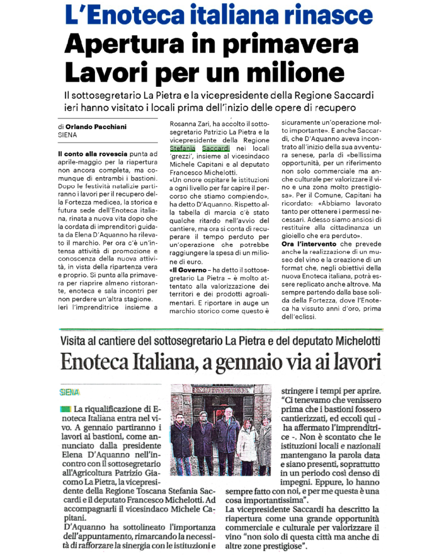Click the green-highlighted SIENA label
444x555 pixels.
[x=70, y=392]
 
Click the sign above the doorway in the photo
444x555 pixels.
[x=221, y=391]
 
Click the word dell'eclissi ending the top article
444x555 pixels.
[x=300, y=317]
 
